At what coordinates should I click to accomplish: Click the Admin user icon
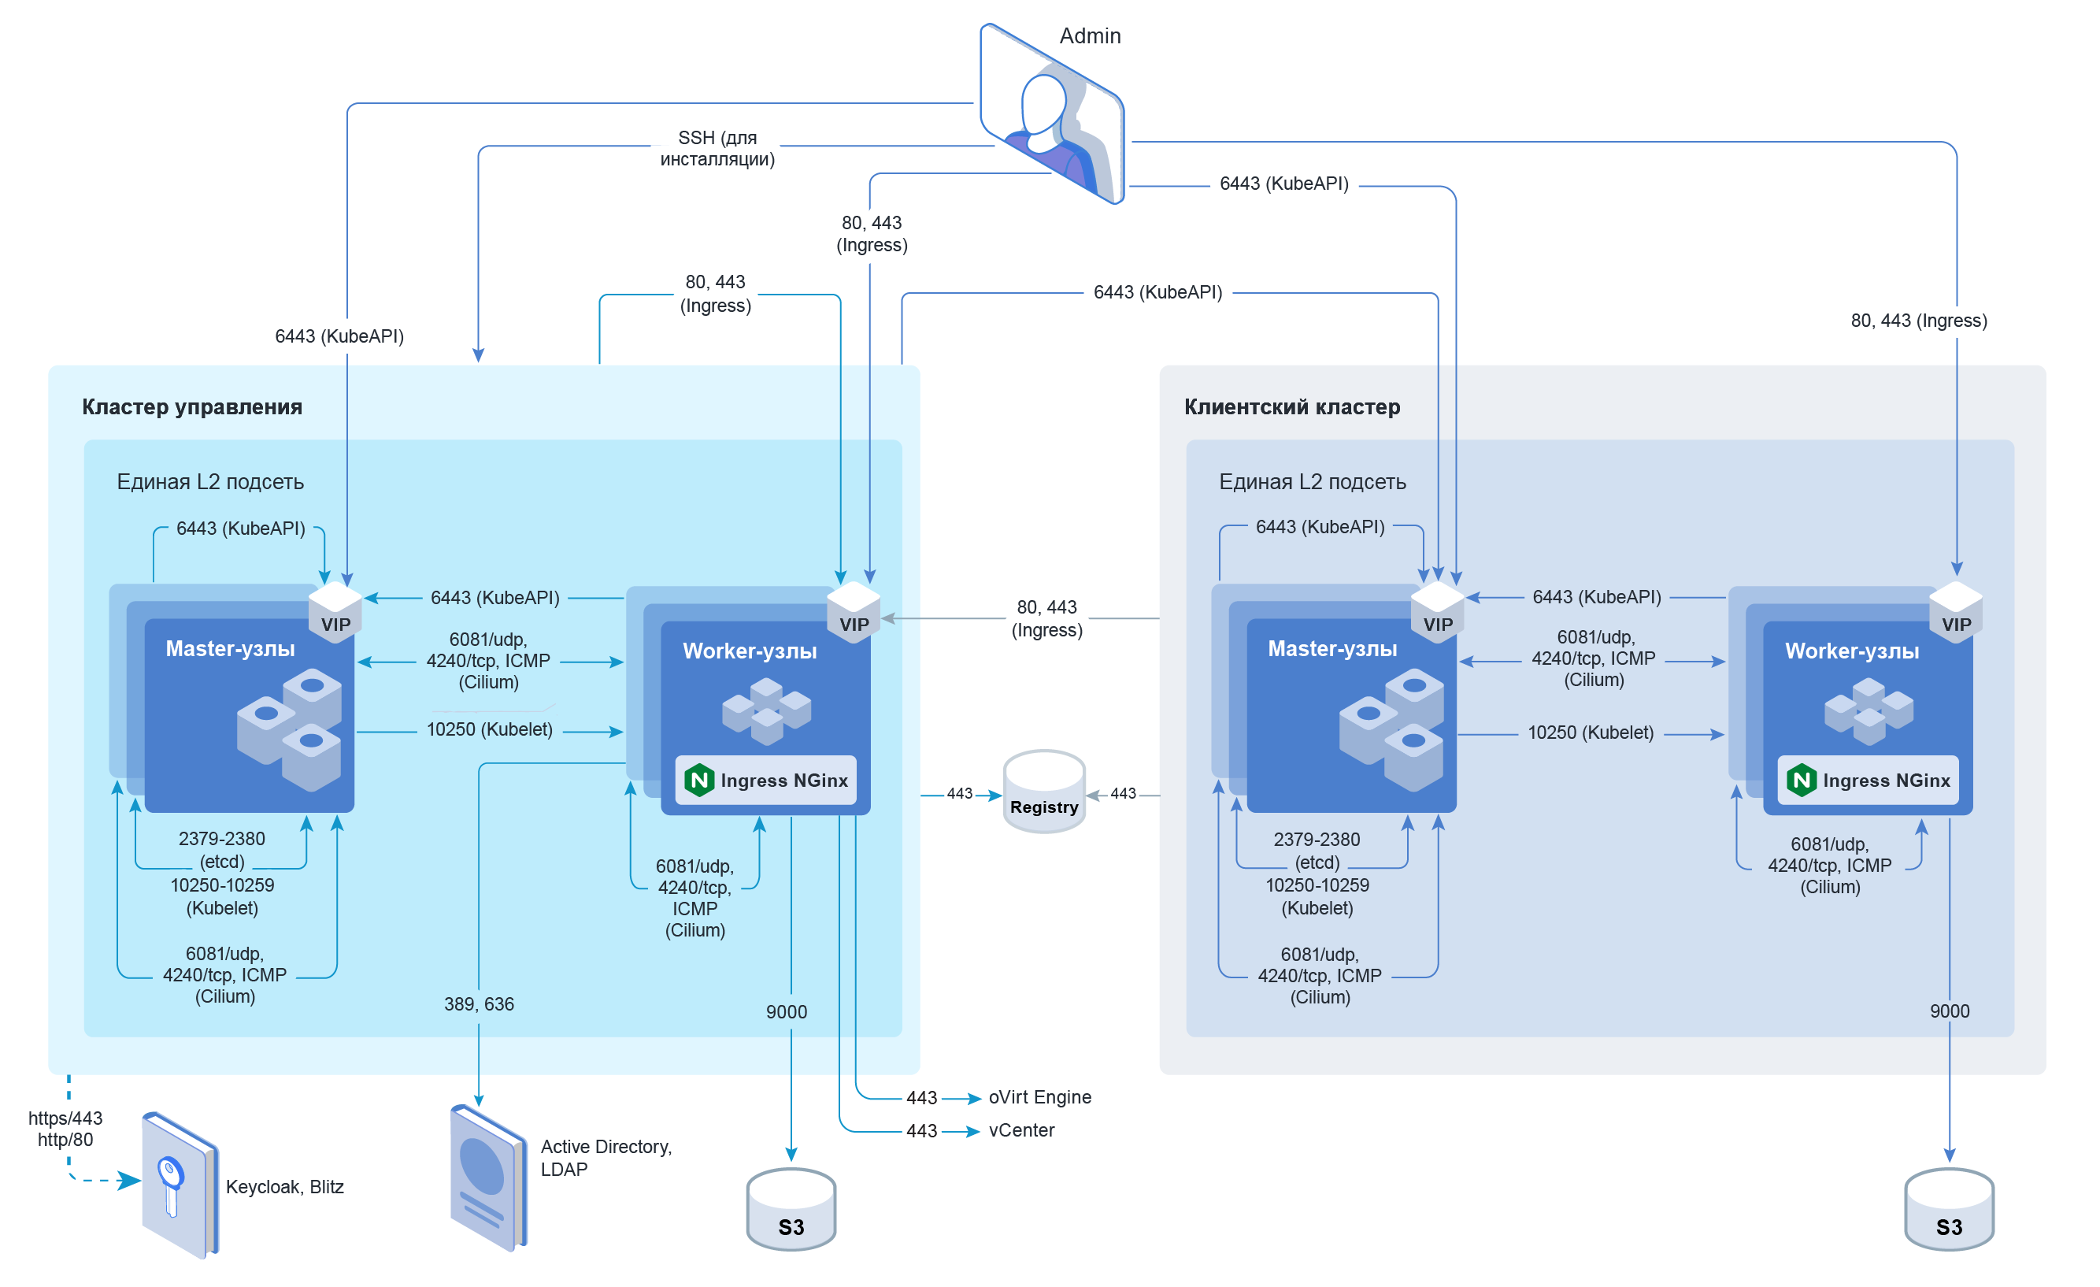pos(1052,115)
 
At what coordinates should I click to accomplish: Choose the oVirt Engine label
pos(1040,1097)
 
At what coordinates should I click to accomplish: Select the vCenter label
pos(1021,1130)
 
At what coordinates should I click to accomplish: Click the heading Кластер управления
pos(192,406)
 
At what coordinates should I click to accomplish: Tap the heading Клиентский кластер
pos(1292,406)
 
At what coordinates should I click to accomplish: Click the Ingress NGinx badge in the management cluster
pos(766,780)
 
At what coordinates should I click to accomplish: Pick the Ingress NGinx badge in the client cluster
pos(1869,780)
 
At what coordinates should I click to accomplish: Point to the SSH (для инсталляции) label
pos(717,148)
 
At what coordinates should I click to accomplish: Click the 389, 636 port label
pos(479,1004)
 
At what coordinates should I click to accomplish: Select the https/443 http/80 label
pos(65,1129)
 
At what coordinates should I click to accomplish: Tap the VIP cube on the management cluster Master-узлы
pos(335,611)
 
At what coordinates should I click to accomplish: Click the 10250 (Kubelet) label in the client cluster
pos(1591,733)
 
